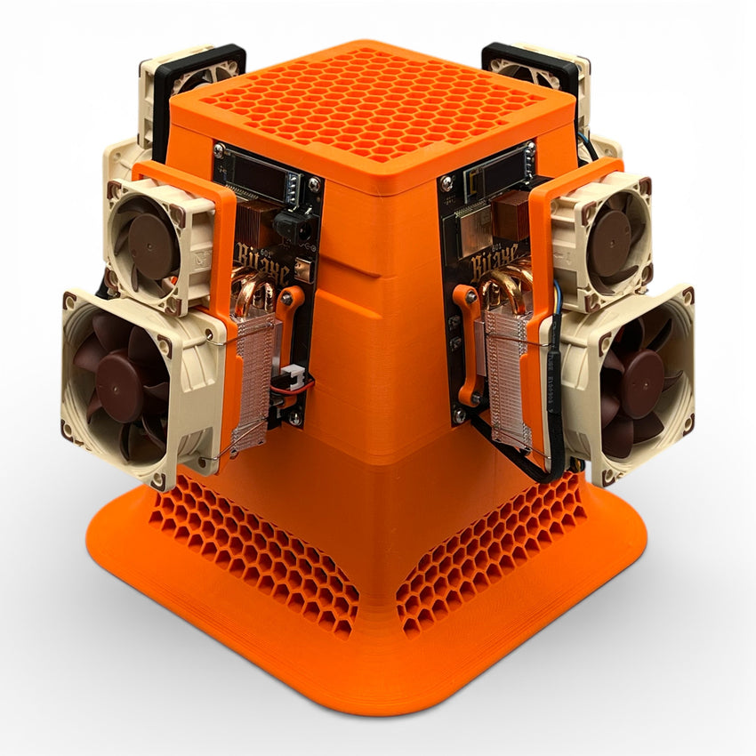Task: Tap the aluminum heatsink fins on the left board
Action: click(x=255, y=382)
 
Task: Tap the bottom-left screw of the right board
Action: click(x=458, y=414)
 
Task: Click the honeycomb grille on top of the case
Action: click(x=374, y=107)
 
